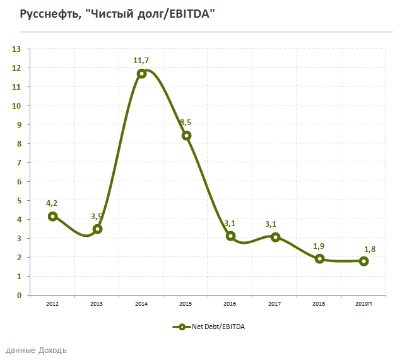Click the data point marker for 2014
[x=142, y=73]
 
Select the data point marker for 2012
[x=53, y=216]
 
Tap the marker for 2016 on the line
[x=231, y=236]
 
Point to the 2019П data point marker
[x=364, y=261]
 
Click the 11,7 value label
[x=141, y=61]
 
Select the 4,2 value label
[x=52, y=203]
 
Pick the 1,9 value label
[x=319, y=246]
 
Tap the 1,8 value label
[x=364, y=248]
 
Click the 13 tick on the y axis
[x=17, y=49]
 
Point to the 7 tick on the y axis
[x=19, y=162]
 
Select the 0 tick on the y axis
[x=19, y=295]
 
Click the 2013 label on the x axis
[x=97, y=304]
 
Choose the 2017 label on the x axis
[x=275, y=304]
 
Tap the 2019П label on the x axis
[x=364, y=304]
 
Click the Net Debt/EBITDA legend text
[x=218, y=327]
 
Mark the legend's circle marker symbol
[x=181, y=327]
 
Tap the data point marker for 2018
[x=320, y=258]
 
